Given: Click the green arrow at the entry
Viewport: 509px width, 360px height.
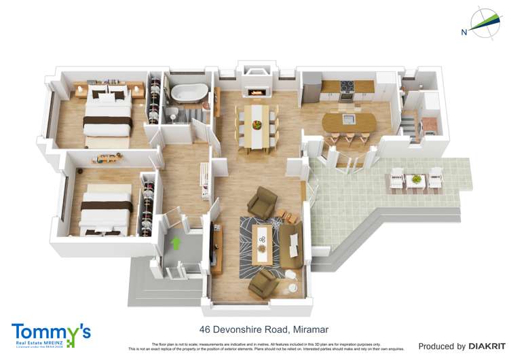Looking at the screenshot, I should tap(177, 242).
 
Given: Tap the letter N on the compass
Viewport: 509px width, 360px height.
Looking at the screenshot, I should tap(464, 32).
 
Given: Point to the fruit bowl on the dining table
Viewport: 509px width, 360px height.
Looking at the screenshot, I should tap(257, 124).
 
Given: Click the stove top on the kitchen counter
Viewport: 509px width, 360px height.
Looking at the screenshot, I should tap(347, 86).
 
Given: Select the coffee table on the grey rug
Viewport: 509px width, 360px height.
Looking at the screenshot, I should tap(261, 242).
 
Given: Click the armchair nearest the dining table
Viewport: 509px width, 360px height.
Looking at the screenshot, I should tap(261, 202).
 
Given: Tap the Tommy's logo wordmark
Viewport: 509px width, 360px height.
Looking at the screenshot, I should tap(50, 332).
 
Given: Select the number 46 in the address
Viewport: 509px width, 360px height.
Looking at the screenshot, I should tap(206, 329).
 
